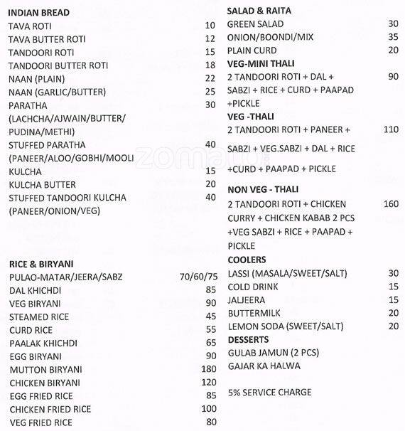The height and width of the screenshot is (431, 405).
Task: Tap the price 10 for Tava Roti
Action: pos(209,26)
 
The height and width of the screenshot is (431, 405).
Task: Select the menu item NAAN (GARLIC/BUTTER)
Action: pos(57,92)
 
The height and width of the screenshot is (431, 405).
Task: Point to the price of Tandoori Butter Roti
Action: pos(209,65)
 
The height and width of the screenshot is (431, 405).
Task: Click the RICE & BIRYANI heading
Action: pos(42,263)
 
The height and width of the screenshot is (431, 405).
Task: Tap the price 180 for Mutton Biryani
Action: pos(208,369)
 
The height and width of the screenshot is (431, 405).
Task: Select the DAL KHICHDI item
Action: pos(35,289)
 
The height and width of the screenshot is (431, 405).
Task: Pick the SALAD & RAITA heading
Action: pos(259,11)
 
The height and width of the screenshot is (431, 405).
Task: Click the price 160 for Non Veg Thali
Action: pos(391,204)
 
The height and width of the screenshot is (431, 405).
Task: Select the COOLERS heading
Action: pos(247,260)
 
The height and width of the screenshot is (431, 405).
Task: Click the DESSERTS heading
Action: pos(248,339)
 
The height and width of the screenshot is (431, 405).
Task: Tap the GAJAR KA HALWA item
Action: pos(264,366)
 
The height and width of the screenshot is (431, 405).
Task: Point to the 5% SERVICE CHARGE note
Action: pos(269,392)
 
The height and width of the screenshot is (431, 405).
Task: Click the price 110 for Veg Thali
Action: pos(391,129)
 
